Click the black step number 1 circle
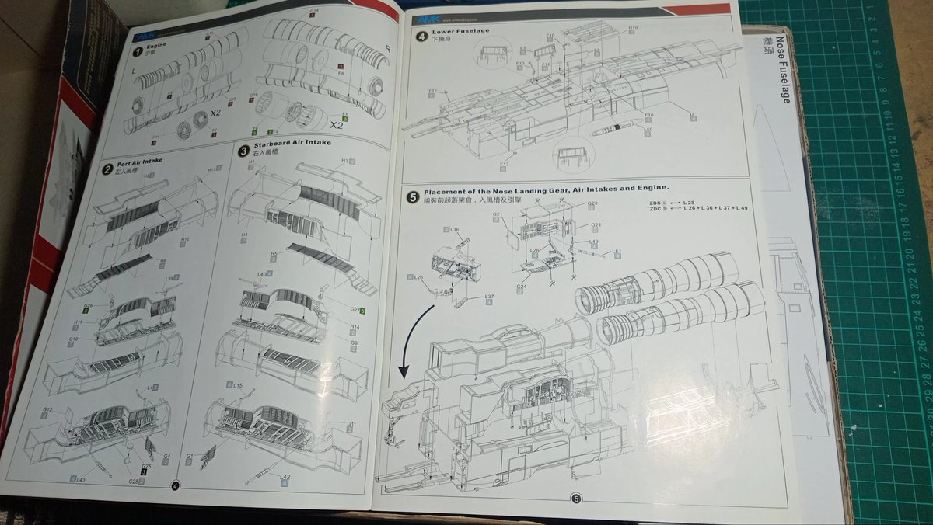(x=137, y=53)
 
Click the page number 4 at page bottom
(x=174, y=487)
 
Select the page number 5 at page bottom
(x=576, y=499)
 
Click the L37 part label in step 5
(x=489, y=297)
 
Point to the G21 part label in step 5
(x=498, y=214)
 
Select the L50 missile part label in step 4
(x=648, y=129)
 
